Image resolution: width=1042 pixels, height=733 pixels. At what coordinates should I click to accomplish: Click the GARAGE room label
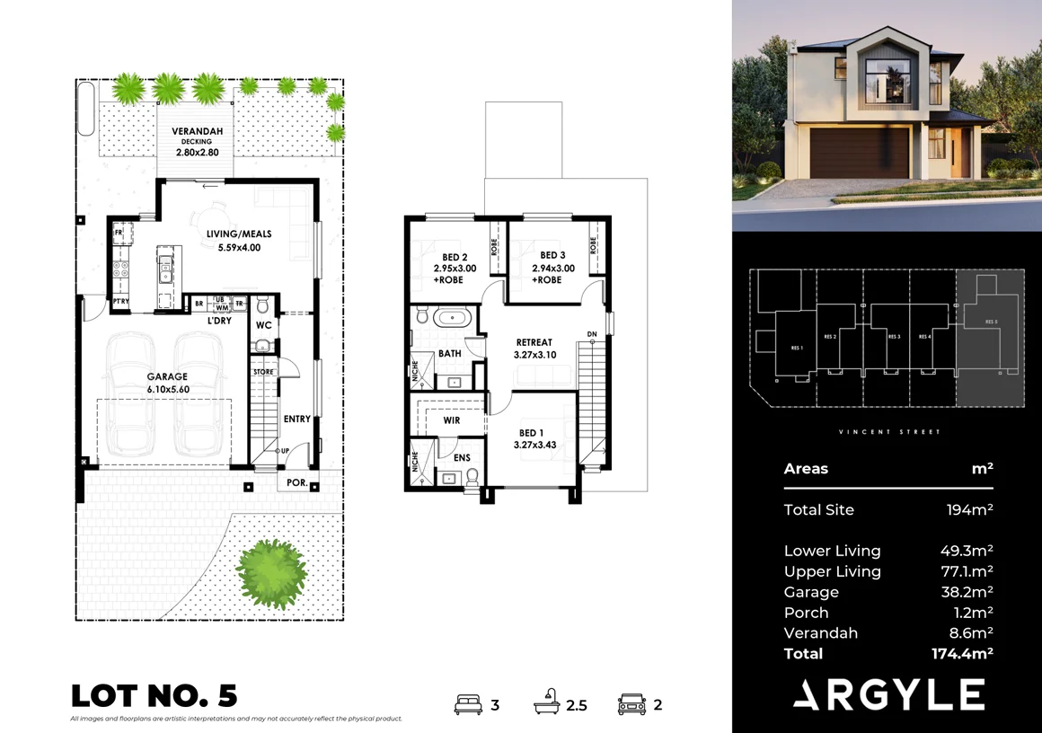click(x=168, y=376)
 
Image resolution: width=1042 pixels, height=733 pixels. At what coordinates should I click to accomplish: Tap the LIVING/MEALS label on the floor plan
click(x=238, y=234)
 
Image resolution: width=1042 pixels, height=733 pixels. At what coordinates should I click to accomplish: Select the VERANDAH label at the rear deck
click(x=197, y=131)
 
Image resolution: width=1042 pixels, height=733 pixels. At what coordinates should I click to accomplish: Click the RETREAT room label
click(x=534, y=342)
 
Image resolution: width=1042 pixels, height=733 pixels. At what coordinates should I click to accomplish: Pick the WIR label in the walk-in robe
click(x=451, y=419)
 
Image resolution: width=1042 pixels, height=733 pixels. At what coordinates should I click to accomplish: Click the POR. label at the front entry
click(x=297, y=482)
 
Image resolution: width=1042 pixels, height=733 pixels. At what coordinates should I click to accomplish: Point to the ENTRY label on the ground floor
click(x=296, y=419)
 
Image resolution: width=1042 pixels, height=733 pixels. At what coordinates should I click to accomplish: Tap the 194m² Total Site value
click(x=969, y=510)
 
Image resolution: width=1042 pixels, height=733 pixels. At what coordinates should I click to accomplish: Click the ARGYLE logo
click(x=888, y=694)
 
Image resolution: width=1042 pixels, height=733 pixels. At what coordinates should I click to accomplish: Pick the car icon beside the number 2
click(x=632, y=704)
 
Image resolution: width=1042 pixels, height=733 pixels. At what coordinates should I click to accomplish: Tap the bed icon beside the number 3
click(x=469, y=704)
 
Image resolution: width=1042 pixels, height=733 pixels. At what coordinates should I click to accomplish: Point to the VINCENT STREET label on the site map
click(x=889, y=432)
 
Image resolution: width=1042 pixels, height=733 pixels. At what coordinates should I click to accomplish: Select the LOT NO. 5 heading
click(x=154, y=695)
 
